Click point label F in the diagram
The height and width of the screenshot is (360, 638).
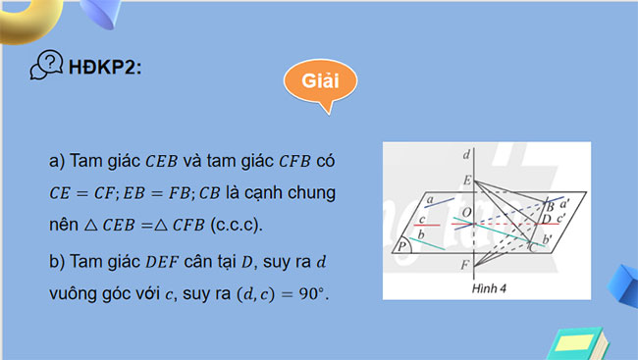coord(465,264)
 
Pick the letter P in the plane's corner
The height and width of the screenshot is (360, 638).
coord(404,247)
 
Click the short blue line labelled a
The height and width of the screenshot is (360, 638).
coord(439,204)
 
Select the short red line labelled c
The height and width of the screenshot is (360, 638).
coord(430,225)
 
